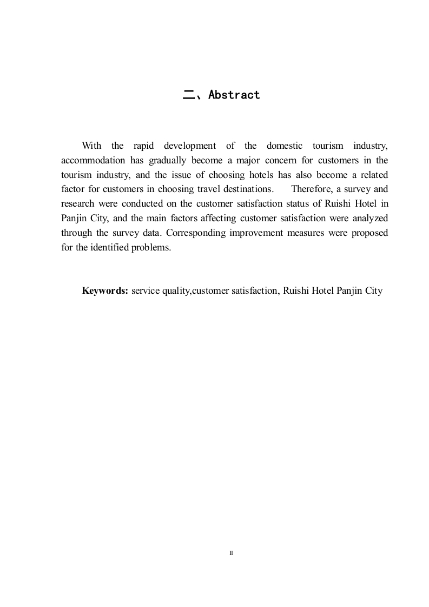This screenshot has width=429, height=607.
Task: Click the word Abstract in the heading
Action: coord(234,95)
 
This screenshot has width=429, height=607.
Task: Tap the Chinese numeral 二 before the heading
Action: coord(188,95)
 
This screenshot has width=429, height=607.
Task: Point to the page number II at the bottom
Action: coord(231,553)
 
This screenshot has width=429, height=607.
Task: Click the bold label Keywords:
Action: coord(105,291)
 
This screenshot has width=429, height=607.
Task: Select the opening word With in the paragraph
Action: coord(91,146)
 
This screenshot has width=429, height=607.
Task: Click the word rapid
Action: coord(143,146)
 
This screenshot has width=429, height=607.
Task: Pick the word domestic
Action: coord(285,146)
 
